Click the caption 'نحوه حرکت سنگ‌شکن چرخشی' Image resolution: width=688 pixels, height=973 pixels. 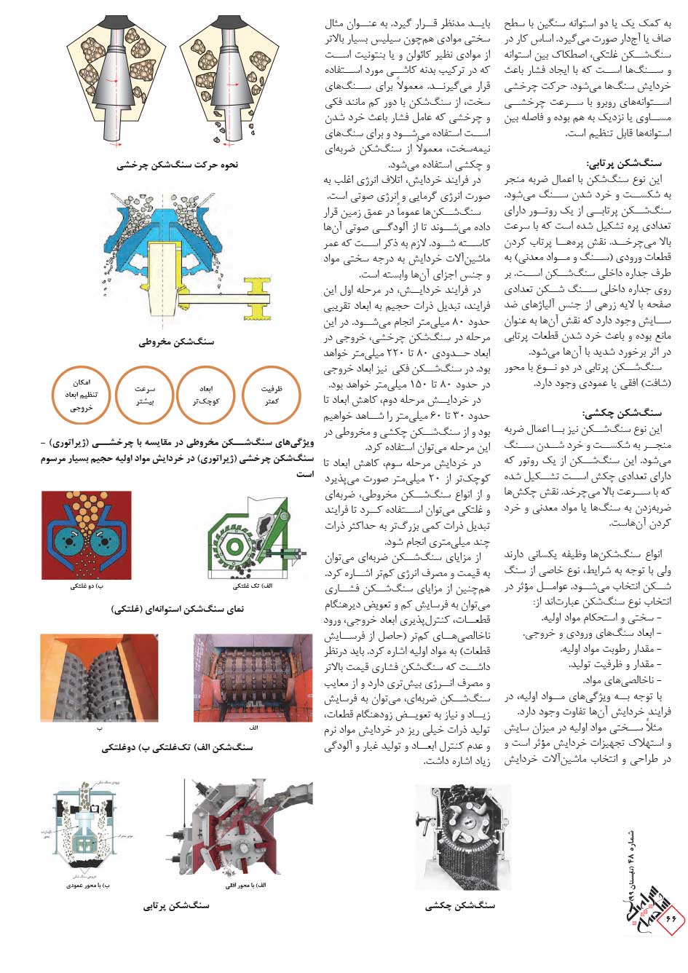pos(177,165)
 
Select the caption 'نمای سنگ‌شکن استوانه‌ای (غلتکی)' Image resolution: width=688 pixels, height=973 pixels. pos(177,610)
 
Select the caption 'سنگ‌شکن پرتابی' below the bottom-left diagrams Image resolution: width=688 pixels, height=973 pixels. pos(176,907)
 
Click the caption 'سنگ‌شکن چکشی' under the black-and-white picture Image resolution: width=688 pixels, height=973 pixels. pos(460,907)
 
